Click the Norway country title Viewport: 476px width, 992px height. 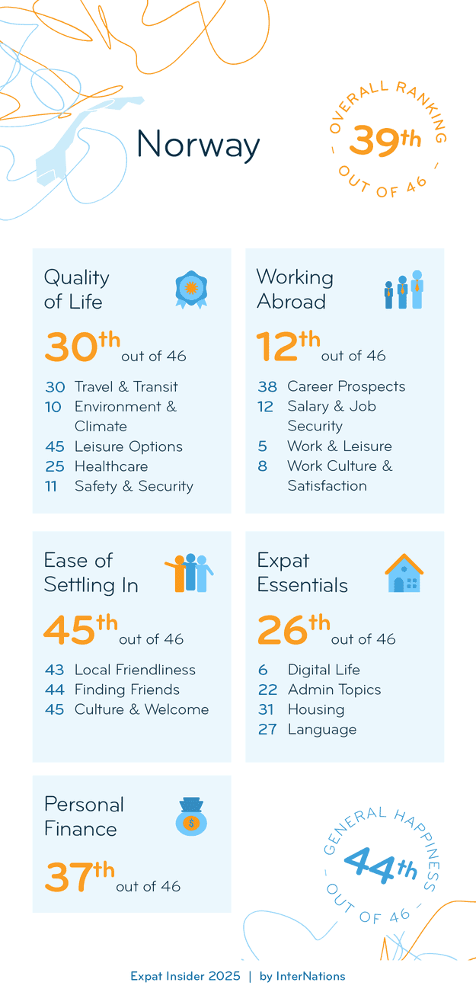click(x=198, y=144)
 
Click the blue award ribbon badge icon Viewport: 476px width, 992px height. click(x=191, y=290)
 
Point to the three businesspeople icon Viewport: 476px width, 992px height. click(x=403, y=290)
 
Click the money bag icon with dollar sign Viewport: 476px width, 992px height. click(x=191, y=816)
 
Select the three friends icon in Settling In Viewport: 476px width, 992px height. click(x=189, y=573)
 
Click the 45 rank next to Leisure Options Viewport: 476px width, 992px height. click(x=54, y=446)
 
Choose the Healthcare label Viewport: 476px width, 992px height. click(x=111, y=466)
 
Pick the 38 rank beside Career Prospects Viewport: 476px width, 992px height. click(x=267, y=386)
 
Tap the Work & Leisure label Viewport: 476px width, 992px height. click(x=339, y=446)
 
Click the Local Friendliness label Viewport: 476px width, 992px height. click(x=135, y=670)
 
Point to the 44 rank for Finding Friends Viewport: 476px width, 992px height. click(x=54, y=690)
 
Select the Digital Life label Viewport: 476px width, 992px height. click(x=324, y=670)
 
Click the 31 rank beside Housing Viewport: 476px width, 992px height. click(x=267, y=709)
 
